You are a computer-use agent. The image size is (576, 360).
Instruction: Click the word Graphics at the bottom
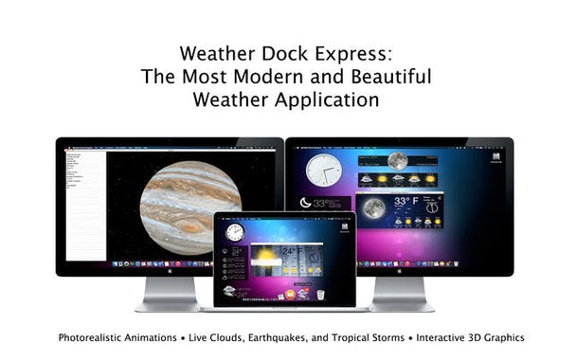pyautogui.click(x=500, y=337)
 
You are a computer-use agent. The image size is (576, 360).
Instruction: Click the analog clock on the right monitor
pyautogui.click(x=324, y=171)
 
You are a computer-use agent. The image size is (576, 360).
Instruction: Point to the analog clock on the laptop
pyautogui.click(x=234, y=232)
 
